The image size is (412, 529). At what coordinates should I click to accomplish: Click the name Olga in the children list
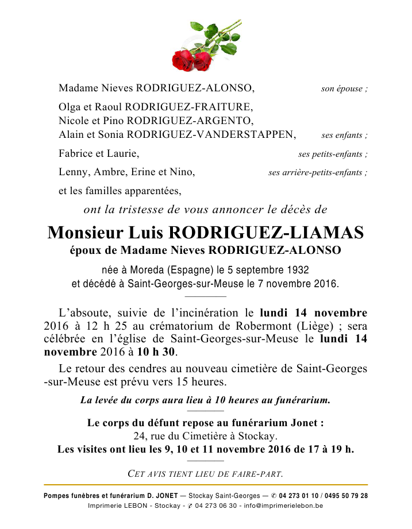(x=68, y=107)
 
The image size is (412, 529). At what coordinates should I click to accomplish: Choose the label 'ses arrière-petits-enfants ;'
(x=318, y=172)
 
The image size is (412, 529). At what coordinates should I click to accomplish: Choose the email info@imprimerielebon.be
(x=283, y=506)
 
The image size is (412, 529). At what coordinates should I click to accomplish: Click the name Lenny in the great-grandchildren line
(x=71, y=172)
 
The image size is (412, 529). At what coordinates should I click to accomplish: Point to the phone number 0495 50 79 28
(x=346, y=496)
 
